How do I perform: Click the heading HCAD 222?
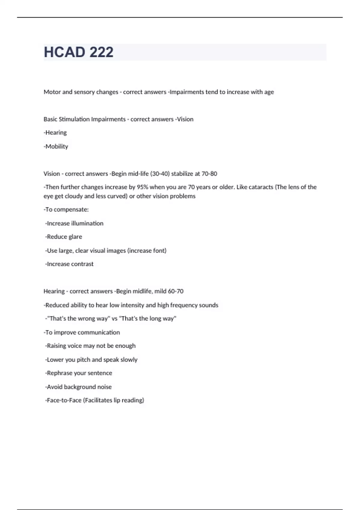coord(79,52)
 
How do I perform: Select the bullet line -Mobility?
coord(56,146)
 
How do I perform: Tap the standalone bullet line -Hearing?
coord(55,133)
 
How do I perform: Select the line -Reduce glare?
coord(64,237)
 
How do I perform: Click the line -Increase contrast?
coord(69,264)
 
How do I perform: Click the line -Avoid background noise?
coord(78,387)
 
